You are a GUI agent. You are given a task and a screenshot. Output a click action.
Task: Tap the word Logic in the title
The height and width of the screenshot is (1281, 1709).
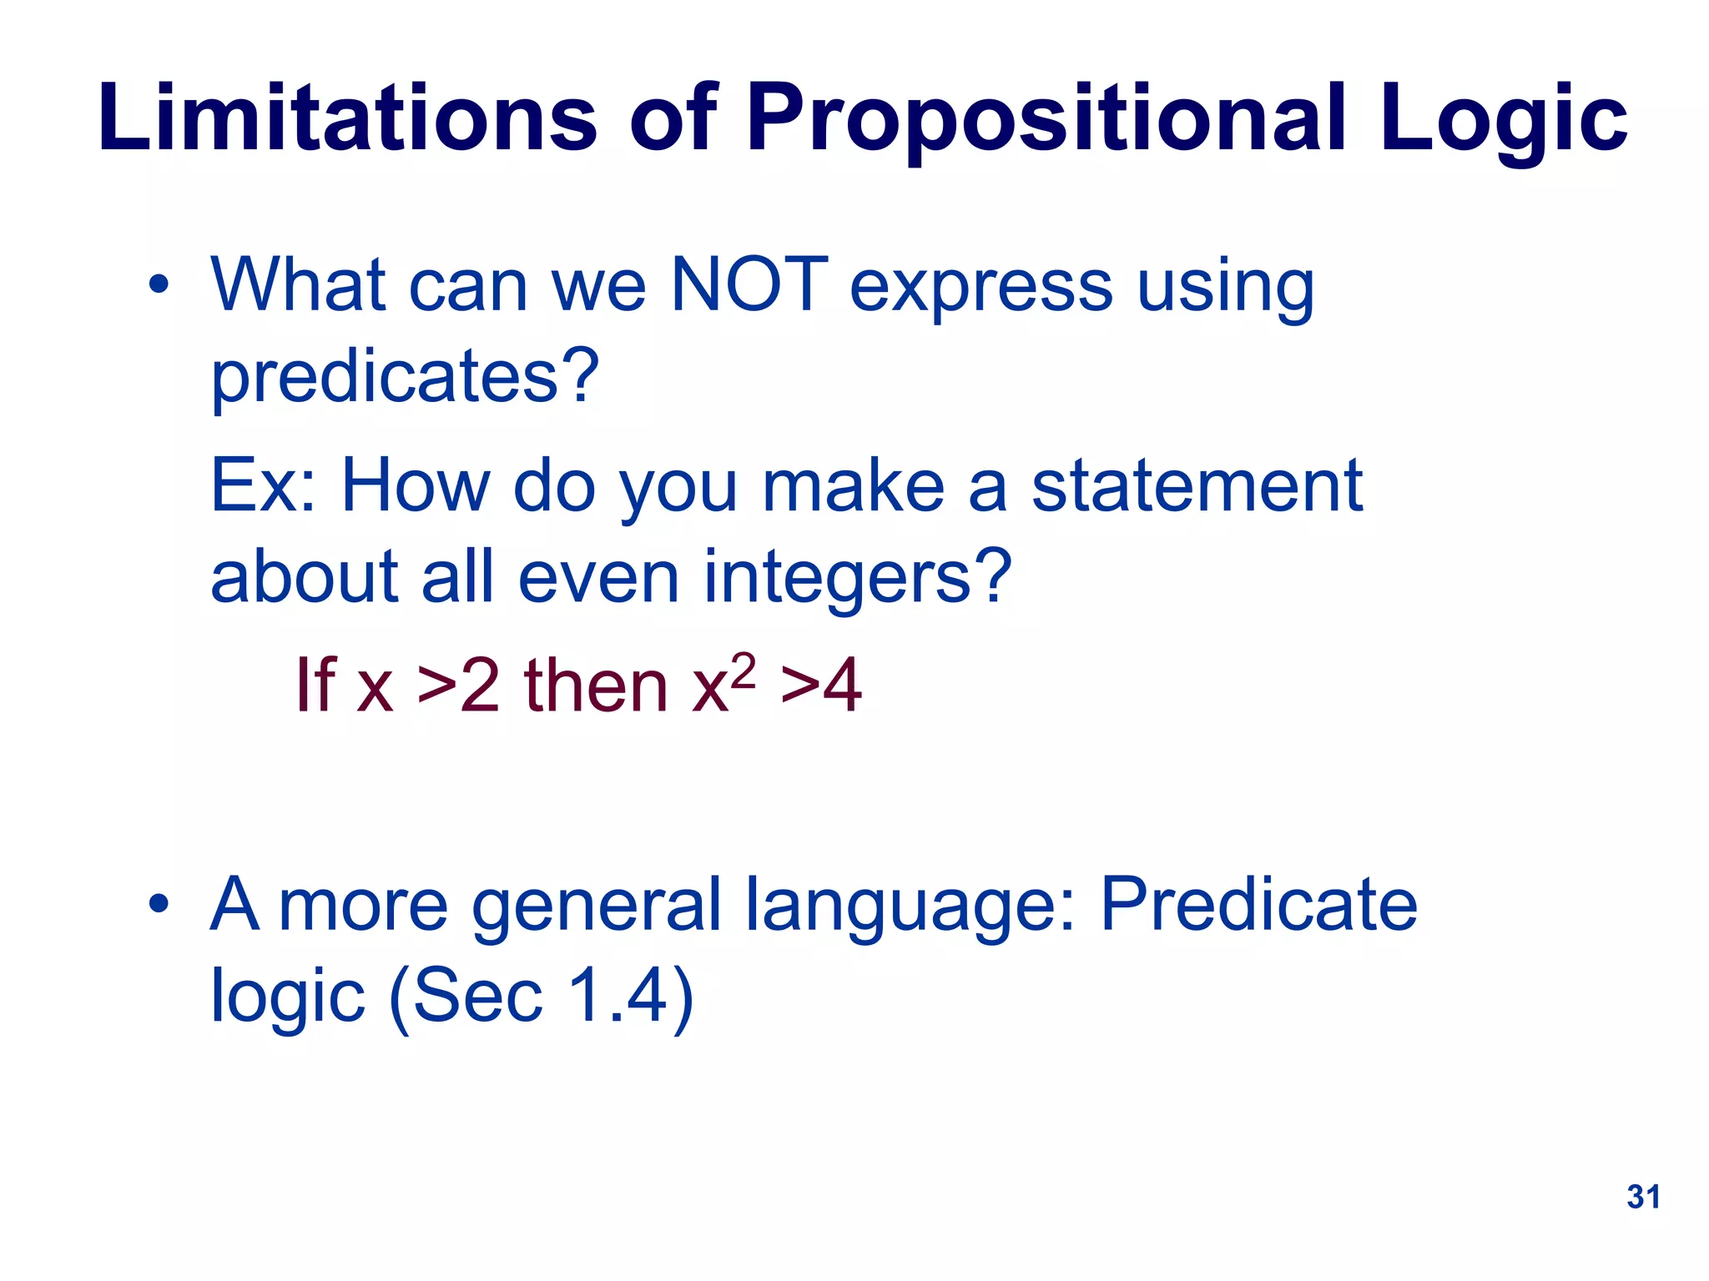(1502, 118)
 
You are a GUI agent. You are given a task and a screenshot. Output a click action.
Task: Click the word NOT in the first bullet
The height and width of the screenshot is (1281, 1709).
(749, 285)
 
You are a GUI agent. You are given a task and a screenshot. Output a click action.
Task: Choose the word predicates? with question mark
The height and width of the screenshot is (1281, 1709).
(405, 377)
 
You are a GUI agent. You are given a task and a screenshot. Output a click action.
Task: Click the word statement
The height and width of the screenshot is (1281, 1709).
(1197, 486)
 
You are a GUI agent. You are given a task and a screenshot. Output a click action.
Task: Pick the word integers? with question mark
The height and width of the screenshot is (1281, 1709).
(857, 578)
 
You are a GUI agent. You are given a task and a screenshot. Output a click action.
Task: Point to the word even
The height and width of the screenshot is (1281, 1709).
(598, 578)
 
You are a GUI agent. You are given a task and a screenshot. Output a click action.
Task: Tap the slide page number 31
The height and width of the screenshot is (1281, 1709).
(1643, 1197)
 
